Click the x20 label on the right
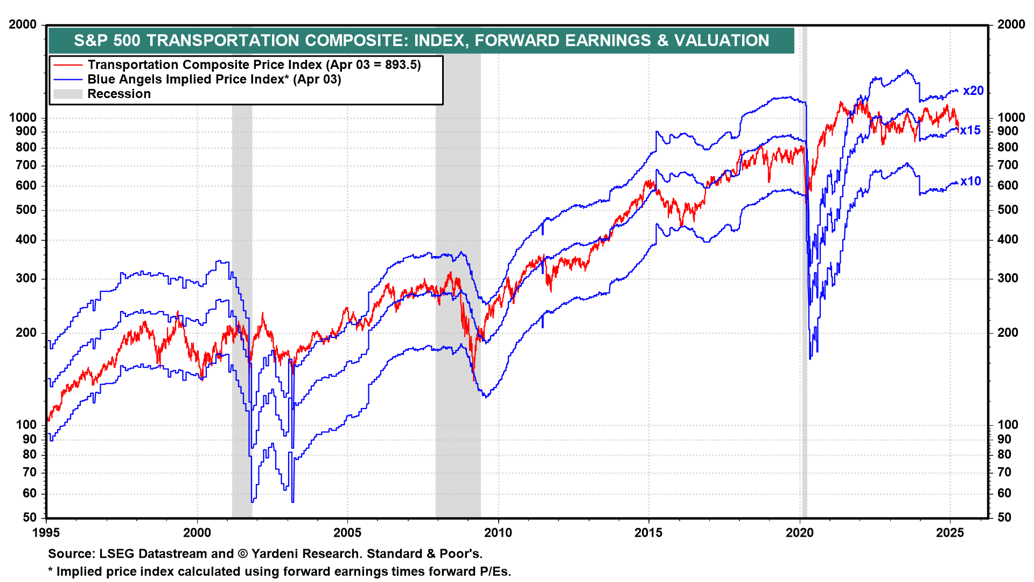pyautogui.click(x=973, y=91)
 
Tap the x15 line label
pyautogui.click(x=970, y=130)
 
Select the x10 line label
pyautogui.click(x=970, y=182)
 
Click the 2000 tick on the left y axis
pyautogui.click(x=23, y=25)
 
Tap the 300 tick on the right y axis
pyautogui.click(x=1008, y=279)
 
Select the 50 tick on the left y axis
pyautogui.click(x=30, y=517)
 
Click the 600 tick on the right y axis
pyautogui.click(x=1008, y=186)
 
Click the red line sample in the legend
pyautogui.click(x=68, y=65)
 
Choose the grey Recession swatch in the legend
pyautogui.click(x=68, y=94)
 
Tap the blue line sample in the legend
pyautogui.click(x=68, y=80)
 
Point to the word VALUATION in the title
pyautogui.click(x=722, y=40)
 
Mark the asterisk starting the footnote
pyautogui.click(x=51, y=571)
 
